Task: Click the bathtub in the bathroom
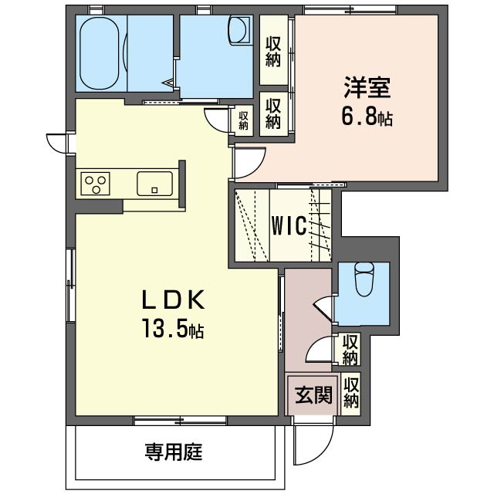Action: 100,53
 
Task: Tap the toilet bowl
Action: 364,279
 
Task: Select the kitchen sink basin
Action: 154,184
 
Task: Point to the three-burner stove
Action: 95,184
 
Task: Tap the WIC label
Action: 289,225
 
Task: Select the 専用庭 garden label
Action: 174,452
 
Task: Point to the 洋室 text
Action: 367,87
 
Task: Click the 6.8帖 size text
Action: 367,117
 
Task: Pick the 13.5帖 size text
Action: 173,328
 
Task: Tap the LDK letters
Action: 174,299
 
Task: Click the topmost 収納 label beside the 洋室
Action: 272,52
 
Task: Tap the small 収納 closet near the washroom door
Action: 243,120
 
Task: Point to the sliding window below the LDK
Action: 180,420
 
